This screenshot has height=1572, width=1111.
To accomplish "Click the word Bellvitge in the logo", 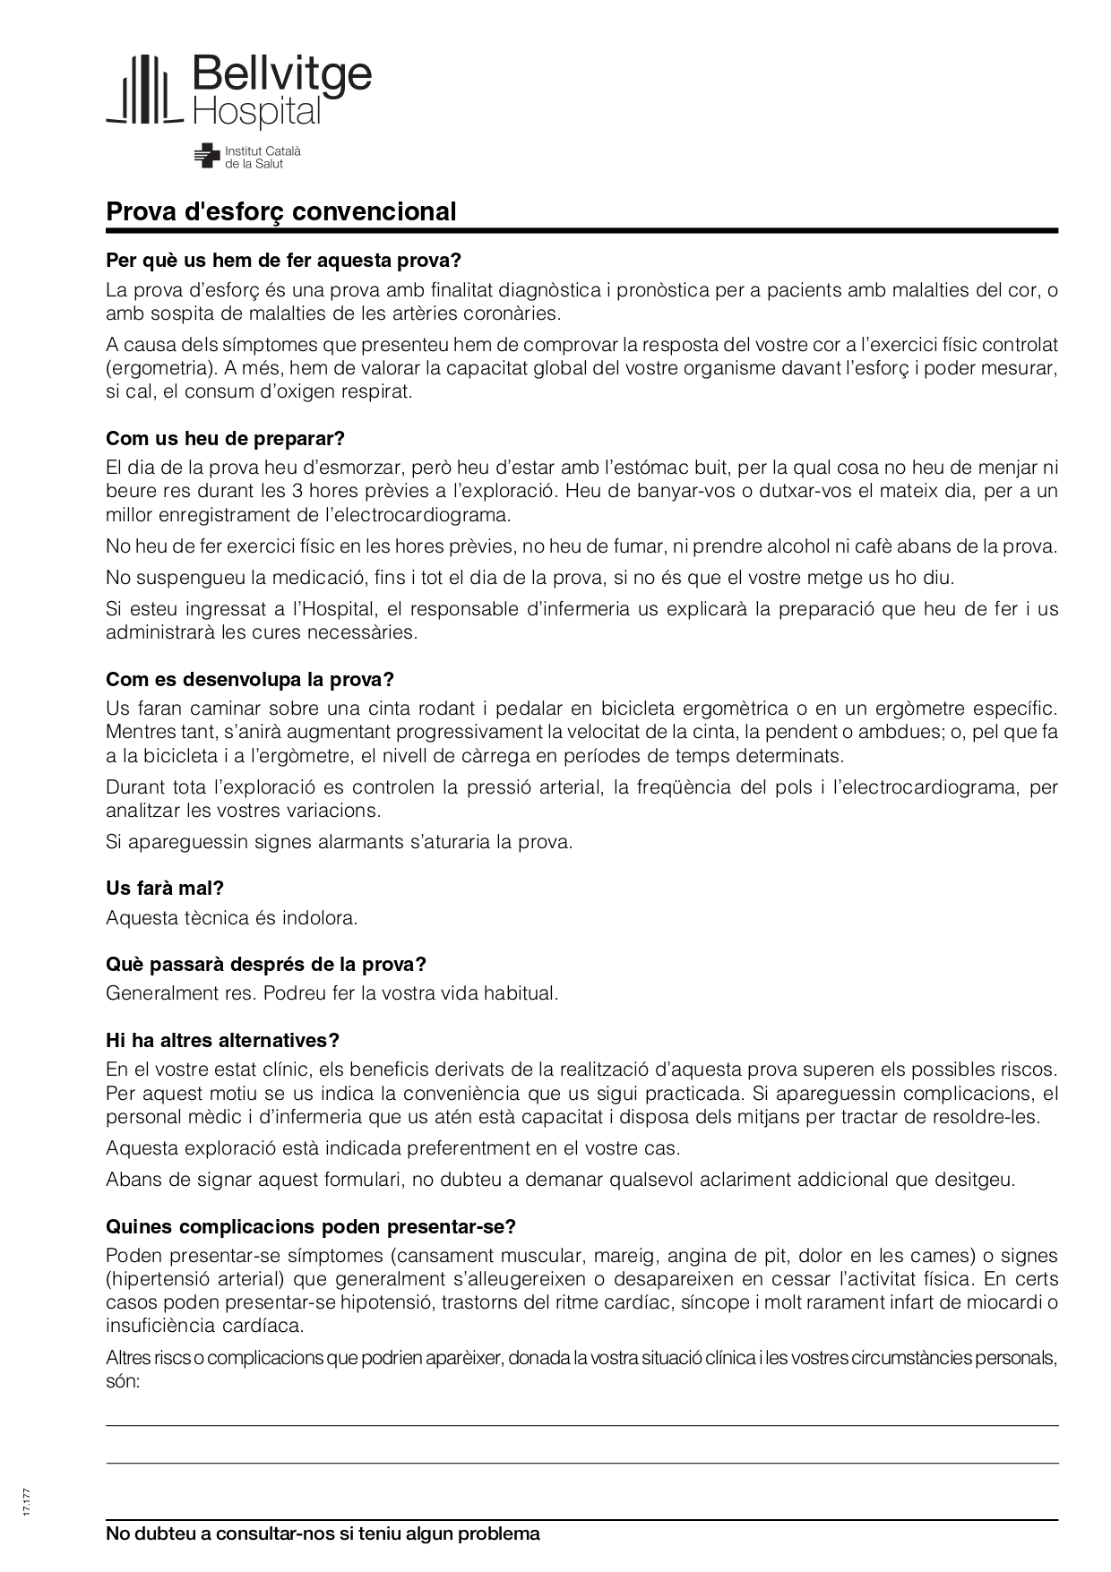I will [x=280, y=74].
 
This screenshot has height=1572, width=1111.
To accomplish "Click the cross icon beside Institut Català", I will [x=207, y=156].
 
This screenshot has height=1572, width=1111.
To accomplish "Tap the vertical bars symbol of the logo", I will [x=144, y=89].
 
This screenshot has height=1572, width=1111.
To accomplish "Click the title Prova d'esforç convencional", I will [x=281, y=211].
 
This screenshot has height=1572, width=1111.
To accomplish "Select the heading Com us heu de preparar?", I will [x=225, y=439].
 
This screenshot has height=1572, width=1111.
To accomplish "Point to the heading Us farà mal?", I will [x=165, y=888].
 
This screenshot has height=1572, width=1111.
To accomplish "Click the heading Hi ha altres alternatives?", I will [x=222, y=1040].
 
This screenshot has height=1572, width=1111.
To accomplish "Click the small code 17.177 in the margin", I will [x=29, y=1500].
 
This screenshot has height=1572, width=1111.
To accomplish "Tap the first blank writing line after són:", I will [x=582, y=1424].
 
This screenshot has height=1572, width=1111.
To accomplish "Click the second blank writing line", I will [x=582, y=1463].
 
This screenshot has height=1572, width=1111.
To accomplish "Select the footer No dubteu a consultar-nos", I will [x=323, y=1533].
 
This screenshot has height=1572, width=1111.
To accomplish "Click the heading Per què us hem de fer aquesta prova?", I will [x=283, y=261].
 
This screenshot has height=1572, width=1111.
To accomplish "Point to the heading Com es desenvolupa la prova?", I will [x=250, y=679].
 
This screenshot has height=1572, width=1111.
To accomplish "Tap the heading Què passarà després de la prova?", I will [x=266, y=964].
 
